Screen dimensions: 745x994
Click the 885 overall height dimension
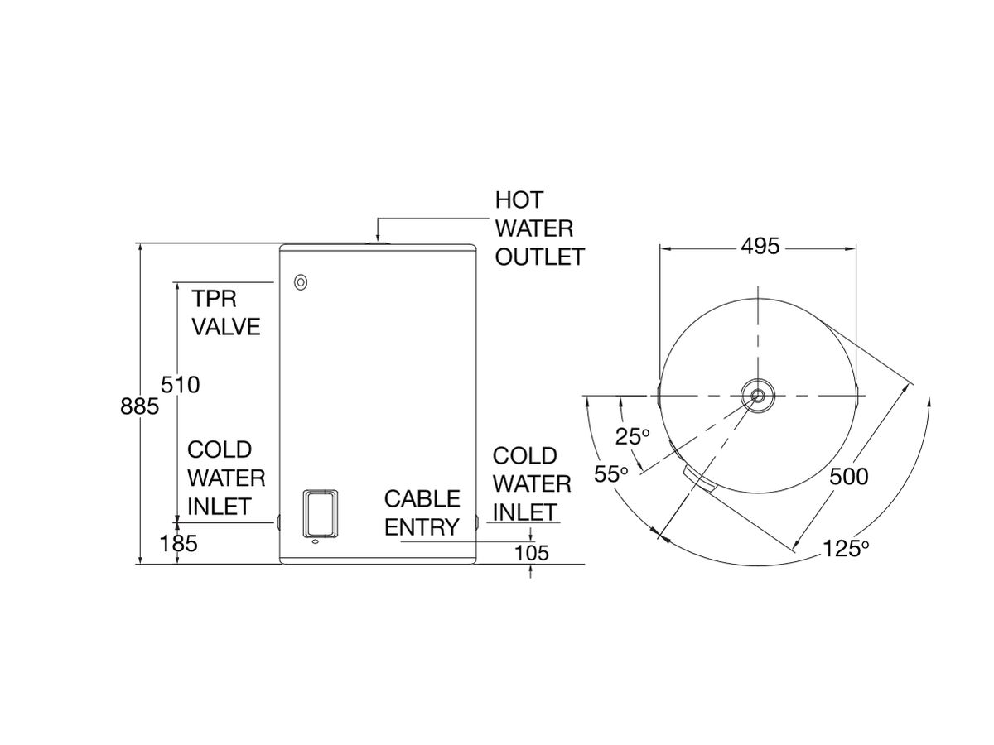[x=139, y=406]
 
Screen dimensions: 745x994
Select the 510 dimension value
[x=181, y=385]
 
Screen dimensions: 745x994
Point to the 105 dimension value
[x=530, y=553]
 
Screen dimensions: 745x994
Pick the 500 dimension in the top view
[x=847, y=477]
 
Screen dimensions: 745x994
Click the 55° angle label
[x=611, y=474]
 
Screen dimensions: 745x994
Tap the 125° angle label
[x=845, y=548]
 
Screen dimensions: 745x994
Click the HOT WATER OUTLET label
[x=538, y=228]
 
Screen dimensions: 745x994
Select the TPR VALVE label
[x=226, y=312]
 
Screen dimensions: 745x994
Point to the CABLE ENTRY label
[x=422, y=512]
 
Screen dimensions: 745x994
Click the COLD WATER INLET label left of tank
[x=225, y=478]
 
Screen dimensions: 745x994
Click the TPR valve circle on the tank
[x=300, y=282]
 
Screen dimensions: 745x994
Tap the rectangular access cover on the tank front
[x=321, y=512]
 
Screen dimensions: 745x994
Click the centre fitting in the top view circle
[x=758, y=395]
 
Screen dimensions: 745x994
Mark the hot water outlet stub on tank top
[x=378, y=243]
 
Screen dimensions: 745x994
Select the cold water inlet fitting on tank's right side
[x=478, y=523]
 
